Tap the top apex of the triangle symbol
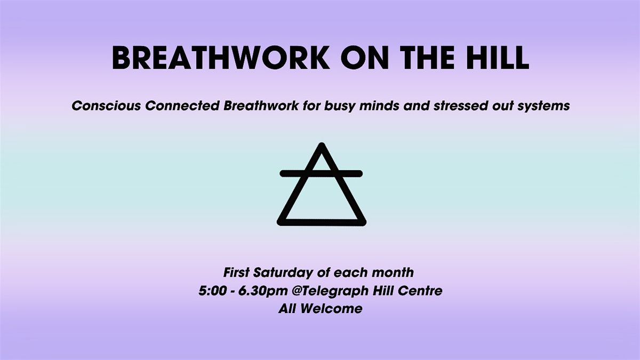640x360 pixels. coord(321,146)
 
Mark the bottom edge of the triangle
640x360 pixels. coord(321,220)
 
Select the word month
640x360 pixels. coord(394,273)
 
